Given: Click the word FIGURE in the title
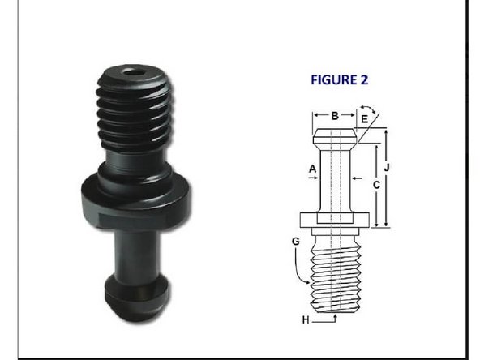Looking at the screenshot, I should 332,80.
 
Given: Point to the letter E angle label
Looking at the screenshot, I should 364,119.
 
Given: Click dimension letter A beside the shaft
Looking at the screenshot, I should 312,168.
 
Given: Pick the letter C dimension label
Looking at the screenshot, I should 375,184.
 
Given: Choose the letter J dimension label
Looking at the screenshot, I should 389,168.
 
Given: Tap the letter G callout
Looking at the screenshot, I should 297,242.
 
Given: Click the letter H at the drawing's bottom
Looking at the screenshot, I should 306,320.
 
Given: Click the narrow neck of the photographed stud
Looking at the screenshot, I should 137,251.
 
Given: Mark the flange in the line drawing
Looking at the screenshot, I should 335,219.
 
